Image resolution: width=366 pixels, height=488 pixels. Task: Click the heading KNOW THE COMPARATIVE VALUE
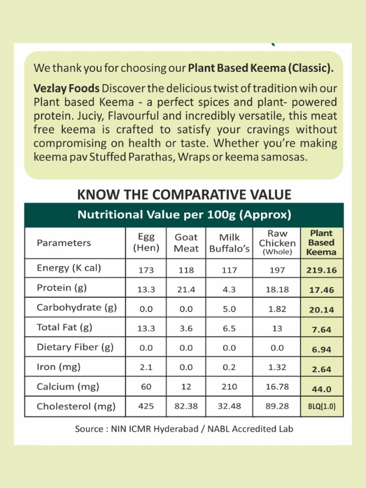pyautogui.click(x=184, y=195)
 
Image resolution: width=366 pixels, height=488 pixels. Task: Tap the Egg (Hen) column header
pyautogui.click(x=146, y=243)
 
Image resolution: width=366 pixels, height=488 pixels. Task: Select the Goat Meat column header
pyautogui.click(x=186, y=243)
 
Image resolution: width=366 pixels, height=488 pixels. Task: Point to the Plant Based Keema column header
pyautogui.click(x=321, y=243)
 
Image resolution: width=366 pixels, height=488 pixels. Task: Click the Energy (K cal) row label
pyautogui.click(x=69, y=268)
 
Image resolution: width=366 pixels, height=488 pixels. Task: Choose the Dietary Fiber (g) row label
pyautogui.click(x=75, y=348)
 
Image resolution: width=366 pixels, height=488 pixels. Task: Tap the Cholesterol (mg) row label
pyautogui.click(x=76, y=406)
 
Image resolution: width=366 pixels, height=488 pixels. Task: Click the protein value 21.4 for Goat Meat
pyautogui.click(x=186, y=289)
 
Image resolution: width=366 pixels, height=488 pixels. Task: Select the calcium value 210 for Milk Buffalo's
pyautogui.click(x=229, y=387)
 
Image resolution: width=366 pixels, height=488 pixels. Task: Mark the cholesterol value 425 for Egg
pyautogui.click(x=146, y=406)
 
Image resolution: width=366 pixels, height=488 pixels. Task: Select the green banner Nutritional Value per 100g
pyautogui.click(x=184, y=215)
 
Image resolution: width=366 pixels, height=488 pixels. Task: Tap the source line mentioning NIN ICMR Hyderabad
pyautogui.click(x=184, y=429)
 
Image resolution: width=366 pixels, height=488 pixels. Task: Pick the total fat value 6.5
pyautogui.click(x=229, y=328)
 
